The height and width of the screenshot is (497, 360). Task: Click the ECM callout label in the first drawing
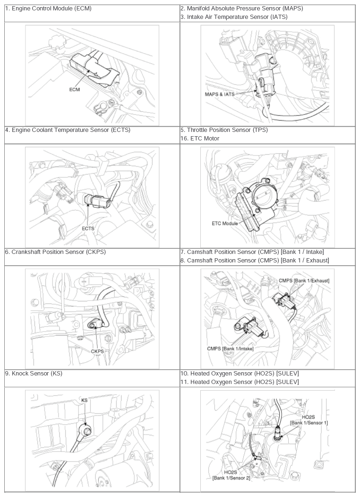click(74, 90)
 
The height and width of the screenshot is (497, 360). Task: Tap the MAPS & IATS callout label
click(220, 94)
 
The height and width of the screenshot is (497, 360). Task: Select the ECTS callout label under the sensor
click(88, 228)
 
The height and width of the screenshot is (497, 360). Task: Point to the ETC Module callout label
click(225, 224)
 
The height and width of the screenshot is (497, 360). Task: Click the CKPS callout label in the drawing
click(97, 351)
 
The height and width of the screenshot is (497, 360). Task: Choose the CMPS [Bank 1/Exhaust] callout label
click(304, 280)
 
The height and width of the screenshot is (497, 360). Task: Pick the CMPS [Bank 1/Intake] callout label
click(230, 349)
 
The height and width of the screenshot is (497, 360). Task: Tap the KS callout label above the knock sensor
click(84, 401)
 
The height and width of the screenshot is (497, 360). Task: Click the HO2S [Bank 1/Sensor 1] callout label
click(309, 420)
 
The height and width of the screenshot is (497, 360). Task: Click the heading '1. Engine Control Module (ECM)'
click(49, 9)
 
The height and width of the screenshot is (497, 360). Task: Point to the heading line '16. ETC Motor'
click(200, 139)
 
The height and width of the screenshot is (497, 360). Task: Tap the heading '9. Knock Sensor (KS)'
click(34, 374)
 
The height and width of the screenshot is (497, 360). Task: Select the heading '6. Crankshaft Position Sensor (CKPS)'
click(55, 252)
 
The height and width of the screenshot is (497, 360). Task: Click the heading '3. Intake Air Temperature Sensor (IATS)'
click(234, 17)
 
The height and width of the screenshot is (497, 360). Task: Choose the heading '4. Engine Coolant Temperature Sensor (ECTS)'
click(68, 130)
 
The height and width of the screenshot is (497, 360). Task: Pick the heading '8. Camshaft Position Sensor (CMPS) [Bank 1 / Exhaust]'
click(255, 261)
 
